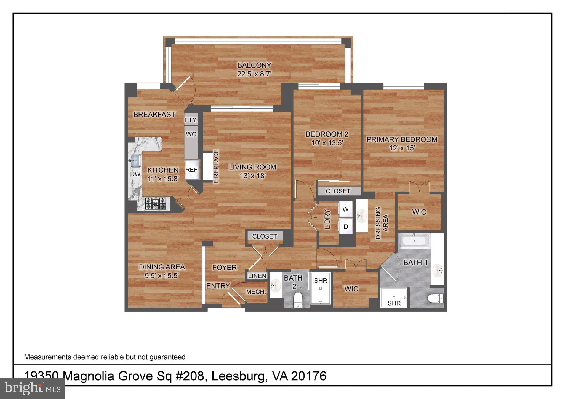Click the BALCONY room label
coord(254,65)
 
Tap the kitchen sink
coord(135,161)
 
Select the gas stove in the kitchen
coord(156,204)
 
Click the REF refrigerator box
coord(192,170)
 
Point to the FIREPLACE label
coord(216,166)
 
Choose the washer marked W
coord(345,209)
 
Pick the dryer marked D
coord(346,227)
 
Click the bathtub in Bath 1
coord(414,241)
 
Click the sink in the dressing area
coord(361,215)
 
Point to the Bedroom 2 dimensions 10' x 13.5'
coord(327,143)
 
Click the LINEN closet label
coord(257,276)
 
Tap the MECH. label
coord(256,292)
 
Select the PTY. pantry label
coord(191,120)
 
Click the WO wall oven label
coord(191,134)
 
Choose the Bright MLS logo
coord(33,388)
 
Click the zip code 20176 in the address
coord(309,376)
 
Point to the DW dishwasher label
coord(135,174)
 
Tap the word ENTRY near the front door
coord(218,286)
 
